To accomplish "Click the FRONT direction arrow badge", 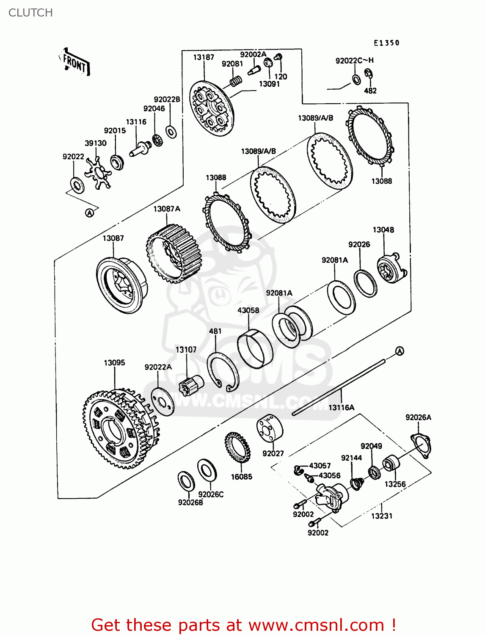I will pos(75,63).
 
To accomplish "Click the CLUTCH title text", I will pos(30,13).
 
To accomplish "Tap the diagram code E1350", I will pos(386,43).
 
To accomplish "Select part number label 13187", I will pos(204,57).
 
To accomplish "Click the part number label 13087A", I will pos(167,209).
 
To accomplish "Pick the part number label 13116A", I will pos(342,407).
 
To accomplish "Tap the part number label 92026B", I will pos(190,502).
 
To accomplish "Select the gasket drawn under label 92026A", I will pos(420,445).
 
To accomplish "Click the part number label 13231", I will pos(382,516).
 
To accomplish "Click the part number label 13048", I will pos(383,230).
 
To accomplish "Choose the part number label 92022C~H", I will pos(355,61).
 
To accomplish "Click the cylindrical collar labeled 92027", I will pos(270,428).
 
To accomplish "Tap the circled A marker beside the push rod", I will pos(400,351).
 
